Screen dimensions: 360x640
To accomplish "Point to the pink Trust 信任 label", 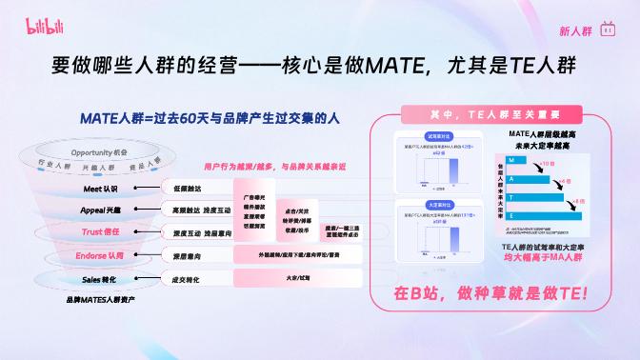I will tap(100, 232).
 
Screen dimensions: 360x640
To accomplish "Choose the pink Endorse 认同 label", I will tap(100, 256).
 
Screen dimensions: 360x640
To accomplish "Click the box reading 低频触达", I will tap(187, 189).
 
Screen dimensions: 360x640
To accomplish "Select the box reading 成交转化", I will tap(186, 280).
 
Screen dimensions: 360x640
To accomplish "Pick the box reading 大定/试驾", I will tap(297, 278).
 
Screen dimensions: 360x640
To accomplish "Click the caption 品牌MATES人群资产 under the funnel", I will tap(99, 300).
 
